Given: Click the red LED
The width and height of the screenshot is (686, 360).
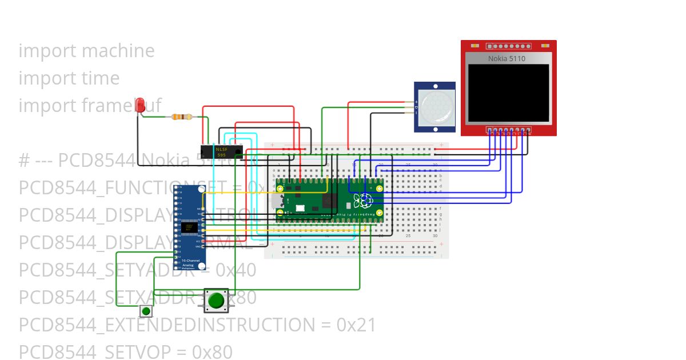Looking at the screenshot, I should click(140, 105).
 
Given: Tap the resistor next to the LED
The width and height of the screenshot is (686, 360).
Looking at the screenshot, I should click(182, 117).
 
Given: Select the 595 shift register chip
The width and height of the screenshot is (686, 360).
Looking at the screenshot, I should click(221, 151).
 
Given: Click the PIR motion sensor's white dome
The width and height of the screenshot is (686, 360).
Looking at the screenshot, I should click(436, 107).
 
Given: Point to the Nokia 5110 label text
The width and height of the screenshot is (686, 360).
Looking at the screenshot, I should click(506, 58).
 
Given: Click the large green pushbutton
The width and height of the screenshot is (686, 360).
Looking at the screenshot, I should click(216, 300).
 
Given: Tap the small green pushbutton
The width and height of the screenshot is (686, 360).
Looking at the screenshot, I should click(146, 311).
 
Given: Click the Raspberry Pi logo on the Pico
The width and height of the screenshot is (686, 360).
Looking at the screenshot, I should click(362, 201).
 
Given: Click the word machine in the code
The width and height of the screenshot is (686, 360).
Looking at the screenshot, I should click(118, 51).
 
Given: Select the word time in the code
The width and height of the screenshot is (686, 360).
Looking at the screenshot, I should click(100, 78).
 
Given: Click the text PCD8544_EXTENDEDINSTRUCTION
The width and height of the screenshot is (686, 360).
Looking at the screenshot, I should click(166, 325).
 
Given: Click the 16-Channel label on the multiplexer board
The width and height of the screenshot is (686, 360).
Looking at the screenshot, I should click(188, 261).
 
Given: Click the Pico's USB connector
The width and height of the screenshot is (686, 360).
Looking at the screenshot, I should click(279, 201).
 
